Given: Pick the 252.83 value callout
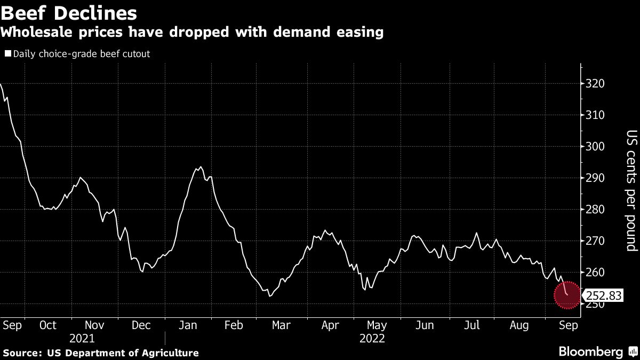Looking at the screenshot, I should point(604,295).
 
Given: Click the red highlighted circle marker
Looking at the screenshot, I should point(566,295).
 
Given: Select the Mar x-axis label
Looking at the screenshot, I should point(281,325).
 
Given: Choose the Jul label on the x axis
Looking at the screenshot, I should point(472,325).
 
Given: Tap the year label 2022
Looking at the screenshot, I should point(373,338).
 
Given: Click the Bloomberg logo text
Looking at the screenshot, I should point(590,351).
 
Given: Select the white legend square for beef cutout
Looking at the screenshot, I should point(7,54).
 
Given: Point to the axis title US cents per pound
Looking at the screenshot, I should point(631,190).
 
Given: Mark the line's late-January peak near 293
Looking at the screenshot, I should point(199,167).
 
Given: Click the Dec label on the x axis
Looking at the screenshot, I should point(141,325).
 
